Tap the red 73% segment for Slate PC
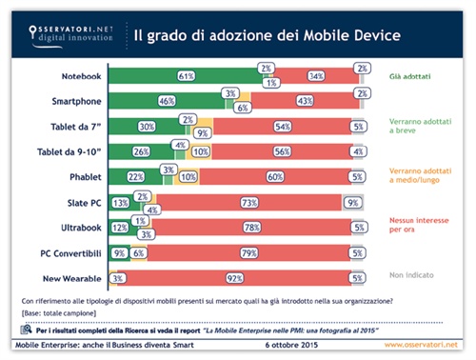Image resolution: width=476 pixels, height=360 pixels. [x=248, y=201]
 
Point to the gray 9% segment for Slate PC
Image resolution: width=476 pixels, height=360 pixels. [x=351, y=201]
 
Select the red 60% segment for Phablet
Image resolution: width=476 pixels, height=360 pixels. [x=274, y=176]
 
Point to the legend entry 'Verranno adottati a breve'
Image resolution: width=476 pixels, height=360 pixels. [x=416, y=129]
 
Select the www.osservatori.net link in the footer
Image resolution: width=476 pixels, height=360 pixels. [x=420, y=342]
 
